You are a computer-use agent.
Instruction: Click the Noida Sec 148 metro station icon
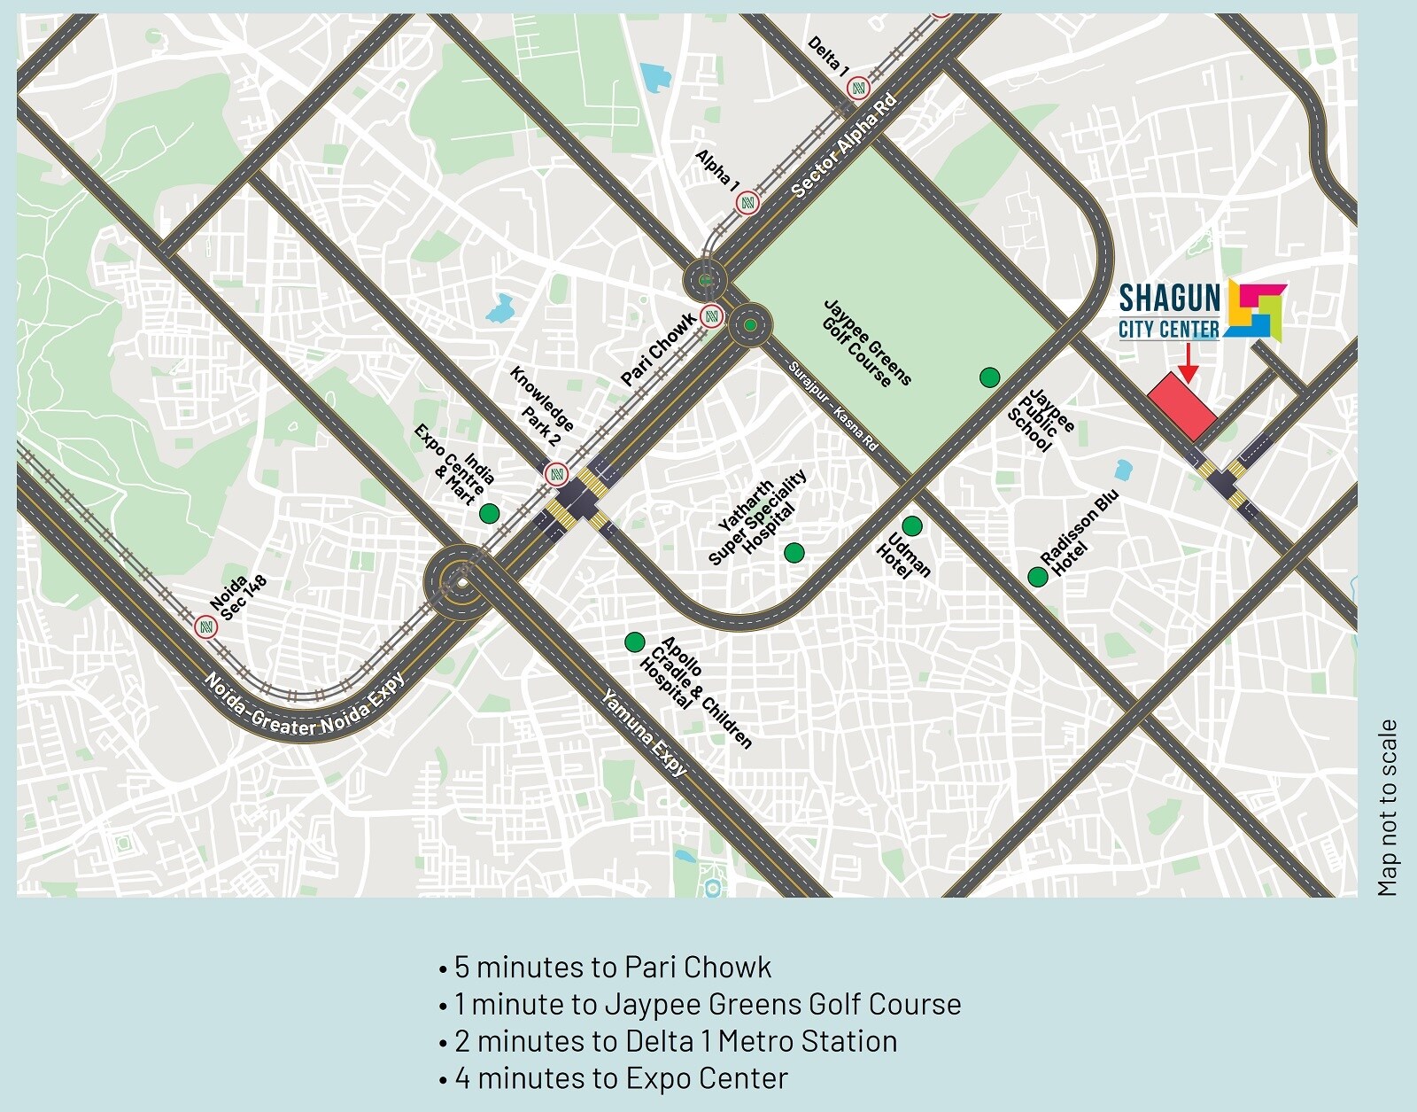point(205,627)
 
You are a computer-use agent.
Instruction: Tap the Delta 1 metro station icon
point(857,88)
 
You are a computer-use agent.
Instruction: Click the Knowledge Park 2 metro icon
point(556,474)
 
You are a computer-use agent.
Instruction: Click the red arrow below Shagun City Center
point(1189,363)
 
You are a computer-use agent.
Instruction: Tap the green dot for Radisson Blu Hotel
point(1037,577)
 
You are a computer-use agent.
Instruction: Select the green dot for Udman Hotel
point(911,526)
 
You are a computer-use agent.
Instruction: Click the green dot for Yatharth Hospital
point(794,553)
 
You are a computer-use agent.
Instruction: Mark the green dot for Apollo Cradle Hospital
point(634,642)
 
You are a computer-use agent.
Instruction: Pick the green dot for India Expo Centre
point(489,513)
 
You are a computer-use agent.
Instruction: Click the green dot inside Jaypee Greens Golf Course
point(989,377)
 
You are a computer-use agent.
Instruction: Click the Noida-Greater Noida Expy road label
point(305,705)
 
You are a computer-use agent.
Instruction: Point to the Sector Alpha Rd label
point(844,145)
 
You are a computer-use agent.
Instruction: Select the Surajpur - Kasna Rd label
point(832,407)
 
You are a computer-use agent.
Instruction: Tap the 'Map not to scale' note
point(1388,807)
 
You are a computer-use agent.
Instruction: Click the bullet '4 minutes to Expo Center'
point(620,1078)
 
